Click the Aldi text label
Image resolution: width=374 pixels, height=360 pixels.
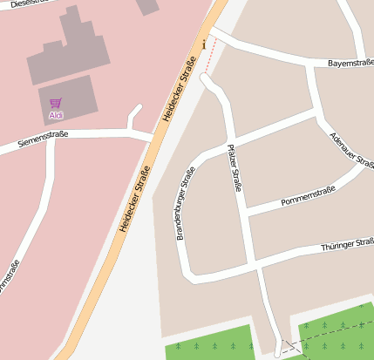pos(56,115)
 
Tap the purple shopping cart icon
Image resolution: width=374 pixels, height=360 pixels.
pos(56,103)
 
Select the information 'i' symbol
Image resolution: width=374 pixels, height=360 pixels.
pos(204,44)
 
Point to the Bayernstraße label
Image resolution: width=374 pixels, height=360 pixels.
pos(350,64)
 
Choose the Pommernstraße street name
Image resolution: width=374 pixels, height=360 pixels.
pos(308,197)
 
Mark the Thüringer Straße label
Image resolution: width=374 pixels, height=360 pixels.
pos(348,244)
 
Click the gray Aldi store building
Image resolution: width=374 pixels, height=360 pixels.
pos(67,97)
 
